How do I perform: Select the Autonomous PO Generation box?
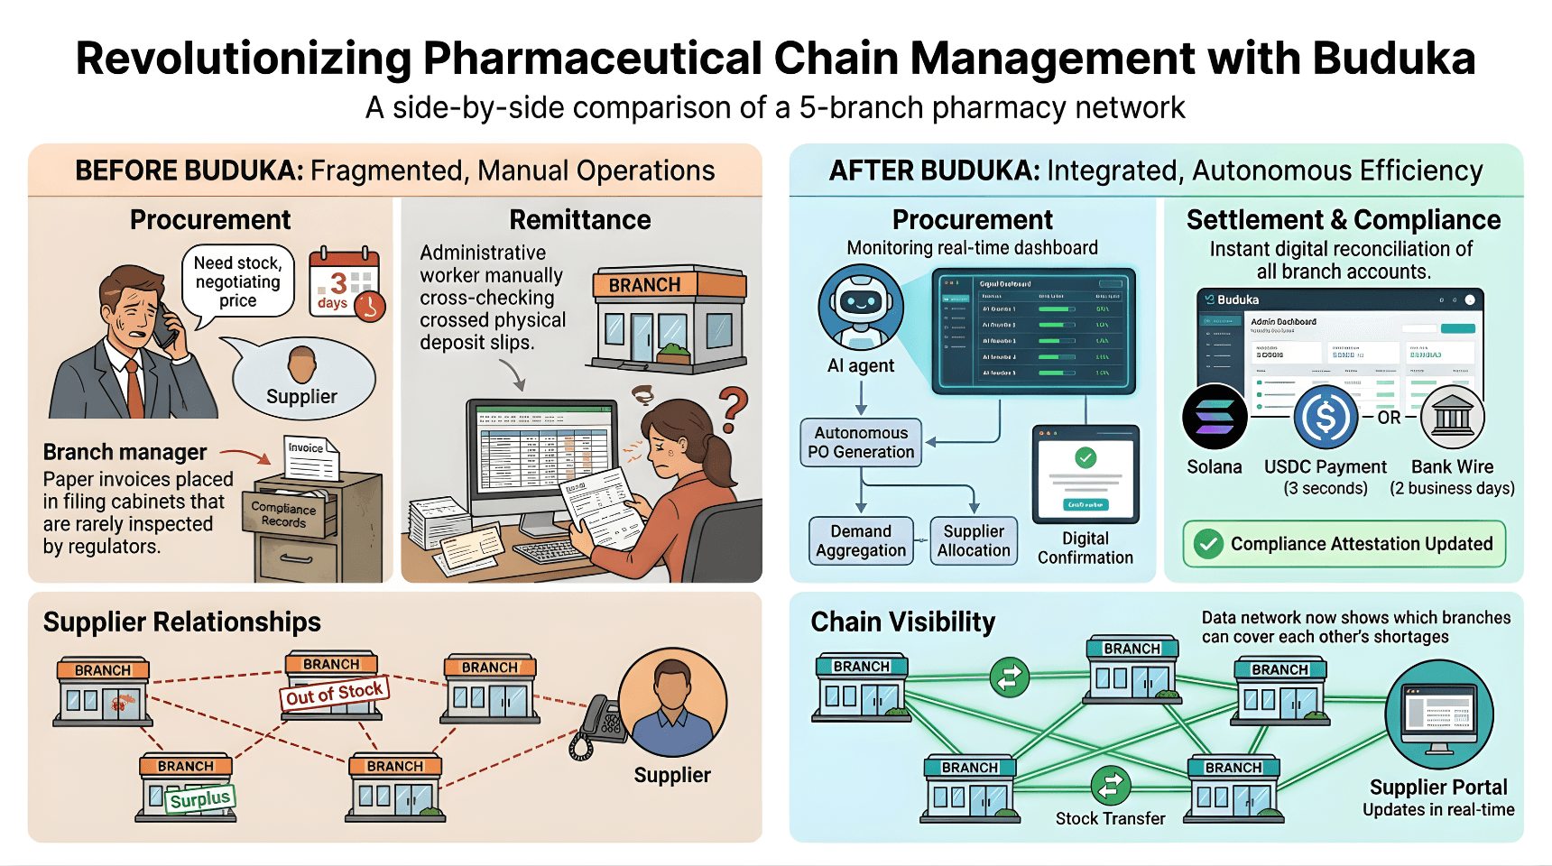(x=861, y=442)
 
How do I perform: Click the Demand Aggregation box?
(x=861, y=540)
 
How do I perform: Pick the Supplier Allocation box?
(x=974, y=540)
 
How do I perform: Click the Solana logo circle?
(x=1215, y=417)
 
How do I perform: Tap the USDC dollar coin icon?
(x=1326, y=417)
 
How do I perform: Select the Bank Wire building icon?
(x=1452, y=417)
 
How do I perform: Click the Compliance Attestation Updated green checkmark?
(x=1208, y=544)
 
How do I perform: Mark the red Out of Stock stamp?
(x=335, y=693)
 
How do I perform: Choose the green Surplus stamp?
(x=200, y=798)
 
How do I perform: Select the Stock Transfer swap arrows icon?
(x=1110, y=785)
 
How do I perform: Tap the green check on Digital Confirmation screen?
(x=1085, y=457)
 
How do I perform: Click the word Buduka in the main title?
(x=1393, y=59)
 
